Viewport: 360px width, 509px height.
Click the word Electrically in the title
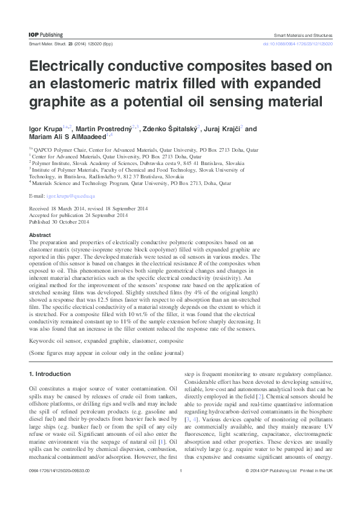(x=71, y=66)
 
